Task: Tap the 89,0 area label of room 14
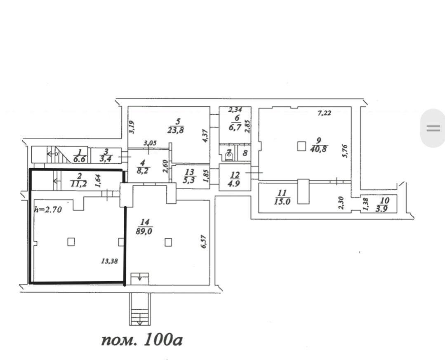point(144,232)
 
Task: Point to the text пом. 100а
point(141,340)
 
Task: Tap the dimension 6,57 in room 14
point(203,241)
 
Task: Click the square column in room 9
point(302,146)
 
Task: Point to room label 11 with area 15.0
point(282,197)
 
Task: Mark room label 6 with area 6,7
point(237,122)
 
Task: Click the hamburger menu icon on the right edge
point(433,128)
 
